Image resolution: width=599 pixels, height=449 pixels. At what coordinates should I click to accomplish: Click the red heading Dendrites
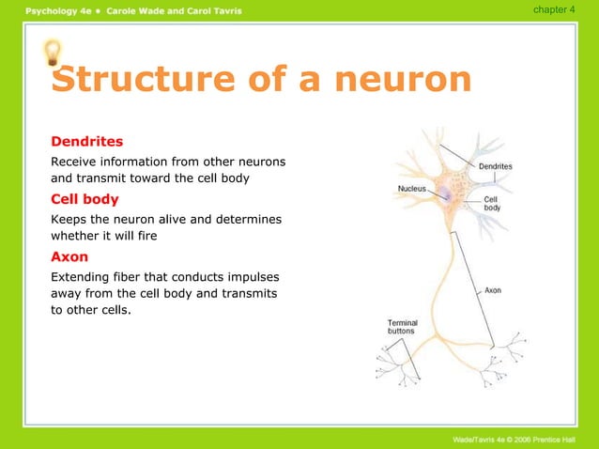[86, 142]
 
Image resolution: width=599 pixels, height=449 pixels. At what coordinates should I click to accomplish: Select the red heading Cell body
[84, 199]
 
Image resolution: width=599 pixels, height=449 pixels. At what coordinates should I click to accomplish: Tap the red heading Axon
[69, 256]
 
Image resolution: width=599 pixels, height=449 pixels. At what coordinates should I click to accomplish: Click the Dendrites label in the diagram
[496, 166]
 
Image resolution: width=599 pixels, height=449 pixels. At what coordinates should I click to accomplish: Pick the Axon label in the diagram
[493, 290]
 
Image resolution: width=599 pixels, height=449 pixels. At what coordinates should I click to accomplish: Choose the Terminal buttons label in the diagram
[403, 327]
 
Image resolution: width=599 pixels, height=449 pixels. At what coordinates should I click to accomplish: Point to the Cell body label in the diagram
[492, 203]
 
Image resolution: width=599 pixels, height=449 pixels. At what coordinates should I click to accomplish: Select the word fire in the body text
[145, 236]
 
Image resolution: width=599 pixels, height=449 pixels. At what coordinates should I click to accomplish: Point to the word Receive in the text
[74, 162]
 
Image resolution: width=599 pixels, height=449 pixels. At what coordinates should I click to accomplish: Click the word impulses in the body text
[254, 277]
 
